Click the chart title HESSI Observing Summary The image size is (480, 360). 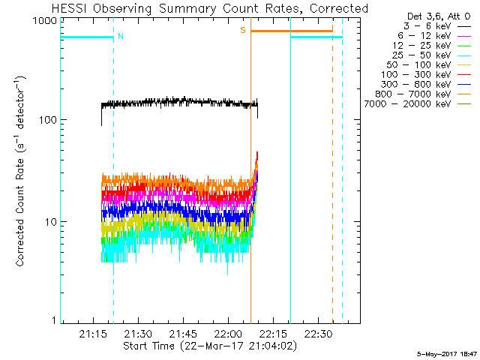[210, 9]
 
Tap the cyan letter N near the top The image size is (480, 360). [120, 35]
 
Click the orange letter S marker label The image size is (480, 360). [243, 30]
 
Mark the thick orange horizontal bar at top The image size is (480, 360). [292, 31]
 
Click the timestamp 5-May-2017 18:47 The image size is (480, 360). [448, 353]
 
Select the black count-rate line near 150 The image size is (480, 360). [180, 103]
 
